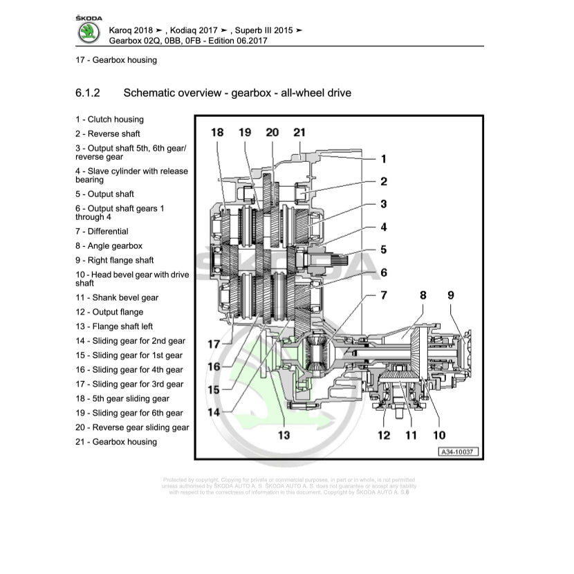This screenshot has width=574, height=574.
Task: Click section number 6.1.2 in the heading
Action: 88,93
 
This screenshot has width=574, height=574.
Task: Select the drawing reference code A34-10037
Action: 458,453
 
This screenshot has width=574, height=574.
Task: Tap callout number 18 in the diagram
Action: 217,132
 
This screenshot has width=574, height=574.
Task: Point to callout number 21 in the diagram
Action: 299,132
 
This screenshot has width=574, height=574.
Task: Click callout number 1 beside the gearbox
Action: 384,158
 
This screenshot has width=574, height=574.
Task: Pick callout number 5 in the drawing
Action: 383,250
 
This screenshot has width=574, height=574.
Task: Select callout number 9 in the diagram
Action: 451,295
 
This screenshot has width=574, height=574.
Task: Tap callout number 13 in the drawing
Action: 284,435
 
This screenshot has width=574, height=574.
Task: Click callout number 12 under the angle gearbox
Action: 384,435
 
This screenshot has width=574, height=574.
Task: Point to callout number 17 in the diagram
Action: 214,344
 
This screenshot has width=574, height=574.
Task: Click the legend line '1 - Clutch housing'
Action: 109,120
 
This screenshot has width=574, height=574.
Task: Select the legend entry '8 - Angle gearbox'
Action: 109,246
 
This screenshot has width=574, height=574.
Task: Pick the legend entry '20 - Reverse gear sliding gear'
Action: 132,427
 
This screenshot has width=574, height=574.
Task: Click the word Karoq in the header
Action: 123,31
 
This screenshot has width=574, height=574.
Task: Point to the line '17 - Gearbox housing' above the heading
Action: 116,60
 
